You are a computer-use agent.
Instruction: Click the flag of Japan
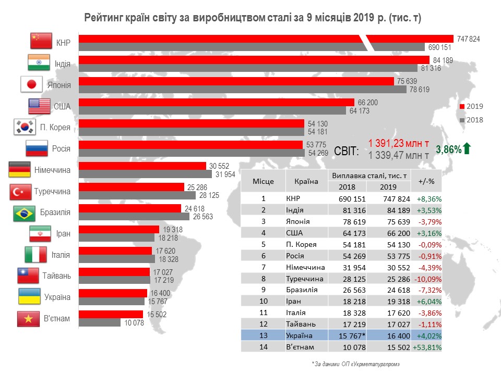pos(31,84)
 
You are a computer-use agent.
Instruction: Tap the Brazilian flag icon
pos(24,213)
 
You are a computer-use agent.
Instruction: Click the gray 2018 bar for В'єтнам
pos(100,322)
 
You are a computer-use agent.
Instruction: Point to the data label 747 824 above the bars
pos(468,39)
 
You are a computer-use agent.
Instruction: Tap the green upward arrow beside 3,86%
pos(467,149)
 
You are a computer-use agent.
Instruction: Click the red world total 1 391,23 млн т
pos(399,143)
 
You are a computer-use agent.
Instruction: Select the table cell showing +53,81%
pos(426,347)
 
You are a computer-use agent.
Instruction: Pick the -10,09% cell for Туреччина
pos(426,279)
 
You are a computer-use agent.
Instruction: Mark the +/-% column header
pos(426,181)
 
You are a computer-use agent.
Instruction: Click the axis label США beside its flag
pos(62,107)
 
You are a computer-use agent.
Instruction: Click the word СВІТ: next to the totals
pos(346,151)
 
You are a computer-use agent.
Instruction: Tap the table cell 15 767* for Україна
pos(347,335)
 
